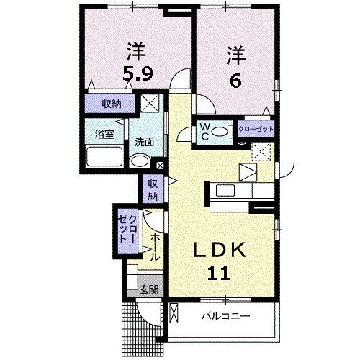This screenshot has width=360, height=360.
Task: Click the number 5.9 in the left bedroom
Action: tap(135, 72)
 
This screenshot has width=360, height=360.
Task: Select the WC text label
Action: tap(204, 132)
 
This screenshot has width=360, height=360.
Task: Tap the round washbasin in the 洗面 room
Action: tap(142, 161)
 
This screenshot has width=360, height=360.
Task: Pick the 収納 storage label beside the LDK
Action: tap(153, 189)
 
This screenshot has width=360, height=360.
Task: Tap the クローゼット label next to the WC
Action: tap(256, 129)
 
